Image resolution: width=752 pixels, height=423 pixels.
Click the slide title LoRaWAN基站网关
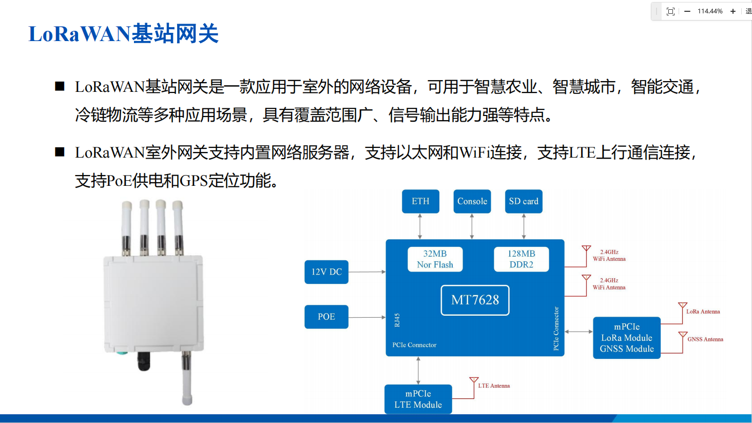click(x=123, y=34)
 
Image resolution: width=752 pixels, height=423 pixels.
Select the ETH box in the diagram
click(x=420, y=201)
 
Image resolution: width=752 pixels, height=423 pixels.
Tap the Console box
click(x=472, y=201)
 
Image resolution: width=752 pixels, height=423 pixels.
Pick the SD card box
click(x=524, y=201)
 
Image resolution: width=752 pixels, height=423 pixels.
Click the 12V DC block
click(x=326, y=272)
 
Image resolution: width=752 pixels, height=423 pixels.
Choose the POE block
click(x=326, y=317)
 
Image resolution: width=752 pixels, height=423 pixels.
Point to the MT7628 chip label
click(x=475, y=300)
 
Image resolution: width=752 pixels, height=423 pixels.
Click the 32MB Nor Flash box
click(x=435, y=259)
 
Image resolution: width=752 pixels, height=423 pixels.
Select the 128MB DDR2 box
click(x=521, y=259)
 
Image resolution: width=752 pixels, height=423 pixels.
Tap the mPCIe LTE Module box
click(x=418, y=399)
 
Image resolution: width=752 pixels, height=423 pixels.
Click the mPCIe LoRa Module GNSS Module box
click(x=627, y=338)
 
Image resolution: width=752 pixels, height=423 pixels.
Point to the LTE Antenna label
click(x=494, y=386)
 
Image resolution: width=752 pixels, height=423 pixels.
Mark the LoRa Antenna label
click(x=703, y=312)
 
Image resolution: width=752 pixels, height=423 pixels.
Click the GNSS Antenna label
click(x=705, y=339)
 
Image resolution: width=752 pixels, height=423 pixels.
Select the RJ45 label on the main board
click(x=397, y=320)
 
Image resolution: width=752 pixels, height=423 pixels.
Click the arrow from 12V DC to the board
click(x=367, y=272)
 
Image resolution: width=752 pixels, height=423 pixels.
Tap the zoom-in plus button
click(x=733, y=11)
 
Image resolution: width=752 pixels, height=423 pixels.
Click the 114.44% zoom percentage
click(x=710, y=11)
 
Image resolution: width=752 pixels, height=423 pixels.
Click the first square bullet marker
click(x=60, y=86)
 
